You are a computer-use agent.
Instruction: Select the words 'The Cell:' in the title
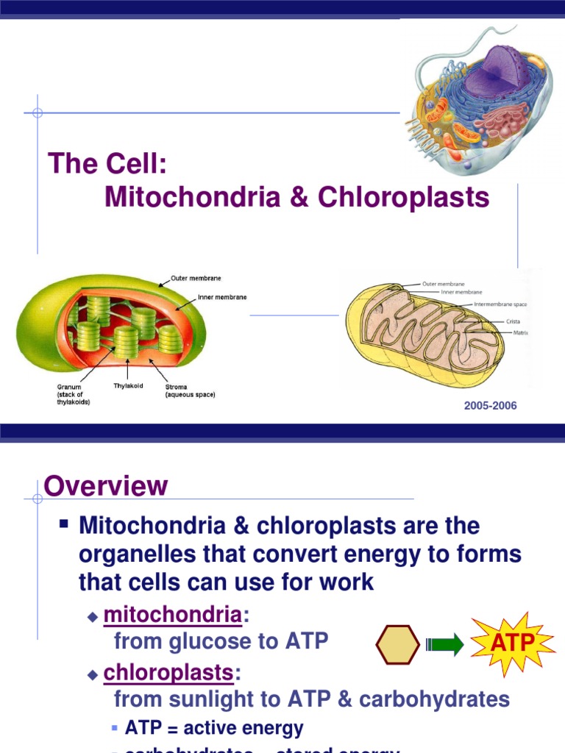tap(107, 163)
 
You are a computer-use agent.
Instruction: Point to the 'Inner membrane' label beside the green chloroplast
tap(221, 298)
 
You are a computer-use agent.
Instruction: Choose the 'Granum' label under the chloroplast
tap(69, 386)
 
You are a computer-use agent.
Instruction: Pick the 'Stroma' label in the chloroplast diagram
tap(176, 386)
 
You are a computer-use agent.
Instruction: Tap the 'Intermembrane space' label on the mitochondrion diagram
tap(500, 304)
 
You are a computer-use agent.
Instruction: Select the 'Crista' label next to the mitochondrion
tap(514, 321)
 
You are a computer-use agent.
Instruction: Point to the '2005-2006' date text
tap(490, 406)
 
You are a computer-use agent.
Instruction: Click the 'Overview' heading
tap(106, 486)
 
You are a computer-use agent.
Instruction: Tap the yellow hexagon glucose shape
tap(397, 645)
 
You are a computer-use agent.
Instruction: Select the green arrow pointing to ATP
tap(444, 646)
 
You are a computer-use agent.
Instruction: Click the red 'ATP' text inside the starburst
tap(513, 643)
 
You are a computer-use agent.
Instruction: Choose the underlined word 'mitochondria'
tap(172, 613)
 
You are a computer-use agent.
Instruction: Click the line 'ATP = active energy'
tap(214, 728)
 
